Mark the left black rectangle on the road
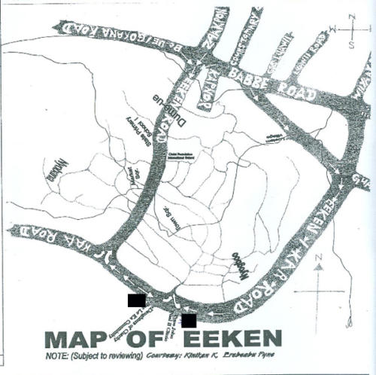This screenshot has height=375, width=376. tap(136, 300)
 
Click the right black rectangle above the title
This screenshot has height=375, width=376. tap(189, 320)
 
